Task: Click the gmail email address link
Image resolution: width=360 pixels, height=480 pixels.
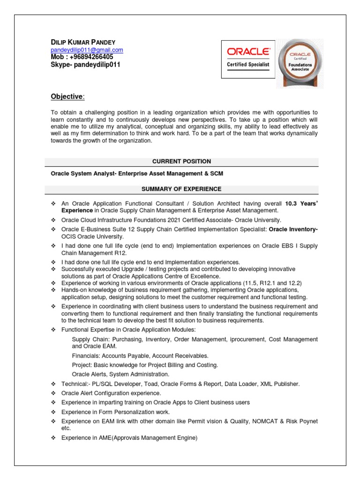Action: (87, 50)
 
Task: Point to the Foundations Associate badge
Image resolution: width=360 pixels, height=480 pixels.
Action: (300, 63)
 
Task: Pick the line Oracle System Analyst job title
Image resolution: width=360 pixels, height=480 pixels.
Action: (137, 173)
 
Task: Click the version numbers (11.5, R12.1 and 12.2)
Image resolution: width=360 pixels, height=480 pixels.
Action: (265, 283)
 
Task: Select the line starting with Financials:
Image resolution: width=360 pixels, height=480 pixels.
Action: (140, 356)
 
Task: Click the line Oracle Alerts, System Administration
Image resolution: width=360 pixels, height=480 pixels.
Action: (120, 374)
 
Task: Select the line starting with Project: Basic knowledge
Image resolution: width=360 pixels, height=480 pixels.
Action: (145, 365)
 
